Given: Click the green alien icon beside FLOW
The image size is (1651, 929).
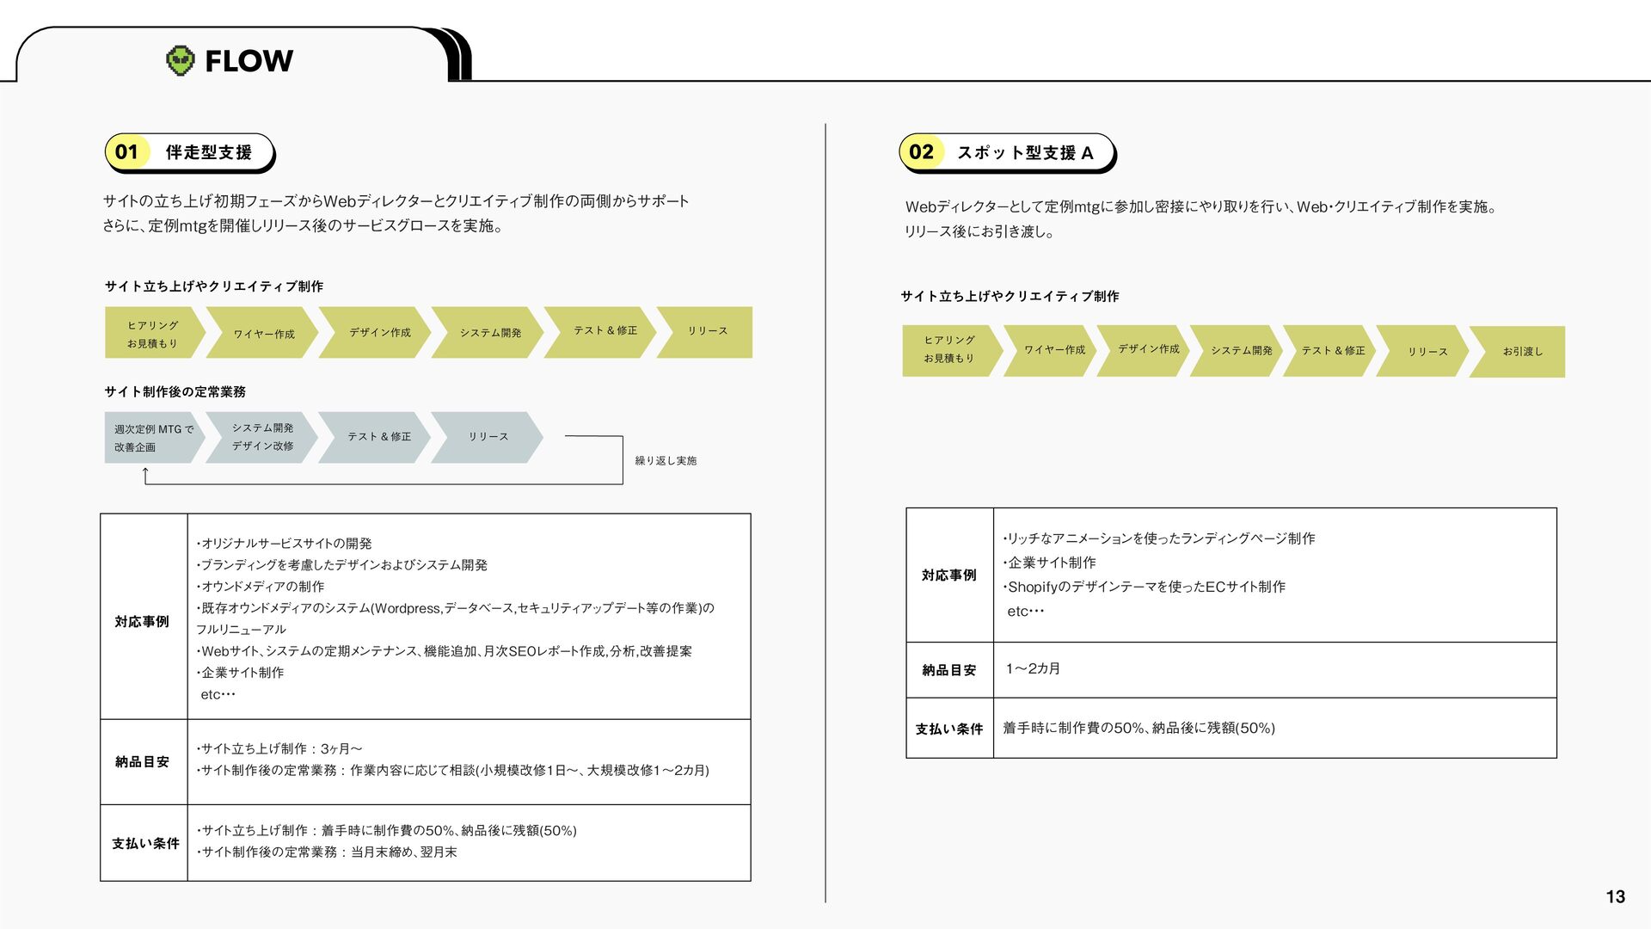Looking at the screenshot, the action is (x=180, y=60).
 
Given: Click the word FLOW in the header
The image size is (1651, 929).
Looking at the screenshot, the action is (x=249, y=61).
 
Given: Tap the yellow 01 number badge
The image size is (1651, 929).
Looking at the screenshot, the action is (x=126, y=152).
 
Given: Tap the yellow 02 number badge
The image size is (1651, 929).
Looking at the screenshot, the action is (x=921, y=152).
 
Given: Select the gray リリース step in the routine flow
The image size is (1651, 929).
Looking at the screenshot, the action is (x=488, y=437).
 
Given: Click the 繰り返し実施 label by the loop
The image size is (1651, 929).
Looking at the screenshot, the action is (x=666, y=461).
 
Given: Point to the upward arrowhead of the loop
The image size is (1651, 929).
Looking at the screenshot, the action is (x=145, y=470).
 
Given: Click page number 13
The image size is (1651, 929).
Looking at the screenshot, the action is (x=1615, y=896).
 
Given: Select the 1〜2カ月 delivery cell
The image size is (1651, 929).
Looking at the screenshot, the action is (x=1033, y=668).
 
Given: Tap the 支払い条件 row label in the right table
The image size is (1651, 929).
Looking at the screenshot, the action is (x=948, y=729).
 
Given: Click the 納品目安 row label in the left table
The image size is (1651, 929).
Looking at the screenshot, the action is (x=142, y=761).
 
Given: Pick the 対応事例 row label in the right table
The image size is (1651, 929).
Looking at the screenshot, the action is (x=948, y=575).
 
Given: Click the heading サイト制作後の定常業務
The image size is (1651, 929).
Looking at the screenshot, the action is (x=175, y=391).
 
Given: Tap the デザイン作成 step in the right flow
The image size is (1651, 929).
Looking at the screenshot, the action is (x=1143, y=351).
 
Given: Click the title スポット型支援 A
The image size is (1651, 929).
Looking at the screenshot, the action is (x=1025, y=152).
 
